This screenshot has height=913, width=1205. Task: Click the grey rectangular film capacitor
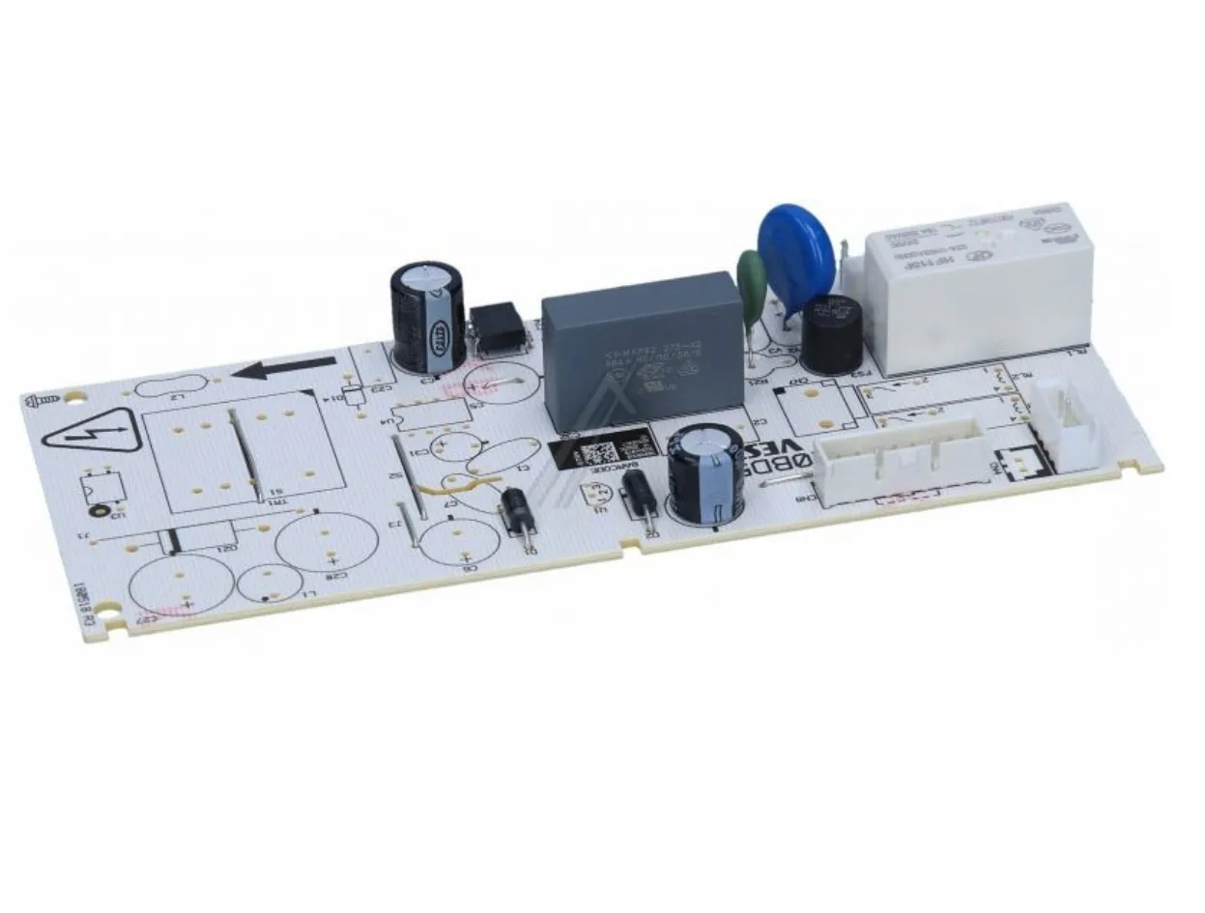coord(642,348)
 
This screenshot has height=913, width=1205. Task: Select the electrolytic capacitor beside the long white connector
coord(703,476)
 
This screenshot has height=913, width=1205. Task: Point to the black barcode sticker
coord(605,452)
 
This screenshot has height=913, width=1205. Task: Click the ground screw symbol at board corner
coord(42,399)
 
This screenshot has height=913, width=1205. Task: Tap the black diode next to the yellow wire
coord(517,508)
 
